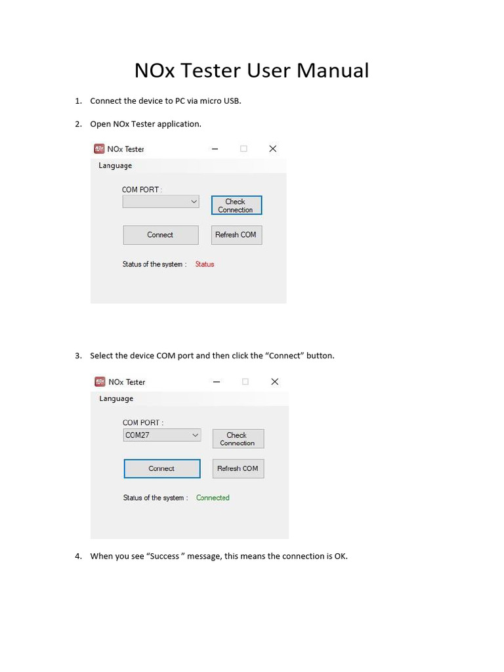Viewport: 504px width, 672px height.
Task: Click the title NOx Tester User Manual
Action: [x=251, y=70]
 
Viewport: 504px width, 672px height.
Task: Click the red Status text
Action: [x=205, y=264]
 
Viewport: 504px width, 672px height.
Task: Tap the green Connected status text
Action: [x=213, y=498]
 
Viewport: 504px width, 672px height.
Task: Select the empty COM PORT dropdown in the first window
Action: [x=160, y=202]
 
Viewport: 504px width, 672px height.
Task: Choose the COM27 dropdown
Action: [x=162, y=435]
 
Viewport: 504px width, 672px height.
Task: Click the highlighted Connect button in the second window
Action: [x=161, y=469]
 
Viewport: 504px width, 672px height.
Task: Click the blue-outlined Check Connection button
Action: [x=236, y=205]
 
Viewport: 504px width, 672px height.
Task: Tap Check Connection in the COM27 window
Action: [x=238, y=439]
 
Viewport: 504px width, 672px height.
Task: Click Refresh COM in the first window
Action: [x=236, y=235]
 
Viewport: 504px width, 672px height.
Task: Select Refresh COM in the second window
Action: [x=238, y=469]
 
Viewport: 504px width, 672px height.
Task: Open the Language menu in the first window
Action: [x=115, y=166]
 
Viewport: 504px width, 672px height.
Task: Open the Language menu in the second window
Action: [x=116, y=399]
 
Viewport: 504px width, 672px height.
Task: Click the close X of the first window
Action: [x=273, y=149]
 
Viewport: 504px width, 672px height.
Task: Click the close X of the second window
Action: [x=275, y=382]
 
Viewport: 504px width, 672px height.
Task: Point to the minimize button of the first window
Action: [x=215, y=149]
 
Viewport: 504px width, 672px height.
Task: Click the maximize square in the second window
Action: [x=245, y=382]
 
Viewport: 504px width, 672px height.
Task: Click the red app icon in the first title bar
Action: [x=100, y=149]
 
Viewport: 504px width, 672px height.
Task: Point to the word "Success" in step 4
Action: [x=163, y=556]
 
